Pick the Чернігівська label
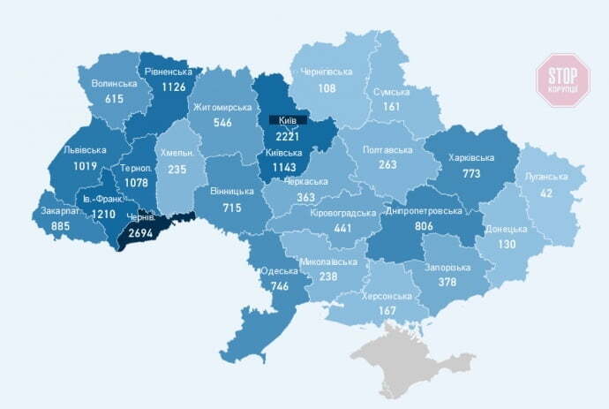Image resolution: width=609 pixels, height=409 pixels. coord(326,72)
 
